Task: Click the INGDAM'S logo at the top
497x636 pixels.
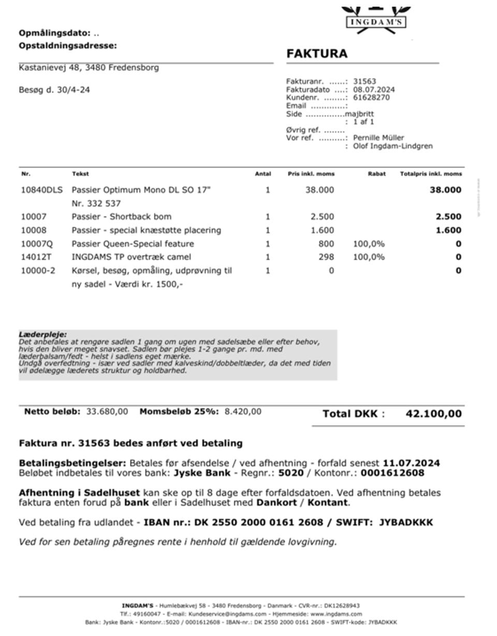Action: tap(376, 22)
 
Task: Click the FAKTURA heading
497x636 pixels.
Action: tap(317, 54)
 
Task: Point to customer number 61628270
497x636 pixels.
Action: tap(371, 97)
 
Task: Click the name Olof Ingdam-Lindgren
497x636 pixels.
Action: tap(393, 146)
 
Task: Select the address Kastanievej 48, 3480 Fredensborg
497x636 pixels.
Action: tap(89, 67)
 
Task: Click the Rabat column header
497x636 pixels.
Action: tap(376, 174)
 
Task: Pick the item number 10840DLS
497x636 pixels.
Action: tap(41, 190)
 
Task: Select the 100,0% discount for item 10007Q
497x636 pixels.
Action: tap(369, 244)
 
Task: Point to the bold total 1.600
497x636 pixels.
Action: tap(448, 230)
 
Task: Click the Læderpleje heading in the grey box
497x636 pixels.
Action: tap(43, 335)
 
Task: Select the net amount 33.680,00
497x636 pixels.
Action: tap(107, 412)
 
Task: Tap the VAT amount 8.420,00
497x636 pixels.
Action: tap(243, 412)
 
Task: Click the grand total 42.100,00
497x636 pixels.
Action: tap(433, 414)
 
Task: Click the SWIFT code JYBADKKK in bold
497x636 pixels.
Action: tap(406, 522)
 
